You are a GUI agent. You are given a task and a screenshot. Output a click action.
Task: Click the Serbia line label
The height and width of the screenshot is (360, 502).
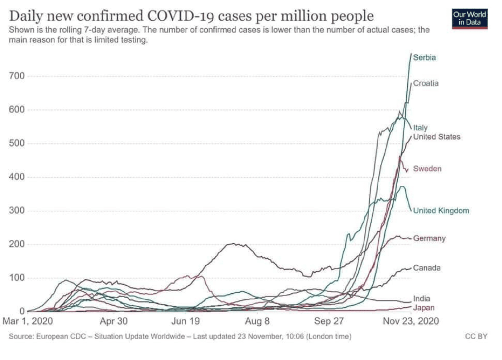point(424,58)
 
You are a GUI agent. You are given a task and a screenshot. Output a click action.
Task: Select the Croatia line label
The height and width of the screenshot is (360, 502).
point(426,83)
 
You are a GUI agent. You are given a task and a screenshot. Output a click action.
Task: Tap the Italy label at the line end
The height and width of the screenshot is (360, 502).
point(420,128)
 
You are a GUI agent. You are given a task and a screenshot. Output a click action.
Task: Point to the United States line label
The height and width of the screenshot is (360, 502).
point(436,137)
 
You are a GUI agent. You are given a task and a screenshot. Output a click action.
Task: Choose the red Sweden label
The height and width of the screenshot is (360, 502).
point(427,169)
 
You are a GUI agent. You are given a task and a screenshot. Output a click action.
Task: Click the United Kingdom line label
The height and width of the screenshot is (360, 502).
point(441,210)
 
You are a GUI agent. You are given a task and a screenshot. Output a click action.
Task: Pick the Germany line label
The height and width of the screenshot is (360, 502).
point(429,238)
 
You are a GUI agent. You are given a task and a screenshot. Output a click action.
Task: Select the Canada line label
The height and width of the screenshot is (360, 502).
point(427,268)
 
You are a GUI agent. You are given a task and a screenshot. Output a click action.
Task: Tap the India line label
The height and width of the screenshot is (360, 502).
point(421,298)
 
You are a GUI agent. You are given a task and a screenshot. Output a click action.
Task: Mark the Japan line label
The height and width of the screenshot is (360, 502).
point(423,308)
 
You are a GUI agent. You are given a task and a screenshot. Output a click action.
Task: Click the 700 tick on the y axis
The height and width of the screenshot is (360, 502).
point(17,76)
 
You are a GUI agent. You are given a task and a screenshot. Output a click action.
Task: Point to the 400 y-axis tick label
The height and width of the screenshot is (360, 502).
point(17,177)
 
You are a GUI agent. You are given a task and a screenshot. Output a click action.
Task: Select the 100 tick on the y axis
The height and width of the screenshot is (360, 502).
point(17,278)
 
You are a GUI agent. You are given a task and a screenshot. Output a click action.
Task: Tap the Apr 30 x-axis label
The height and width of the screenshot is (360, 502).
point(114,321)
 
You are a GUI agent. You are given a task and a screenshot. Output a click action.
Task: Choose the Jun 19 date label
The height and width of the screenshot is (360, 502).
point(185,321)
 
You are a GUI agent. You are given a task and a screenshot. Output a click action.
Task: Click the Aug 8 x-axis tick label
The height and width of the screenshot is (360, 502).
point(257,321)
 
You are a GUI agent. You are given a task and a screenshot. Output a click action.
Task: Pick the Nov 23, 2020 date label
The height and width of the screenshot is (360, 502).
point(411,321)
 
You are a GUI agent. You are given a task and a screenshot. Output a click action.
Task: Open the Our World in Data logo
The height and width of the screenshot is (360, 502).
point(469,18)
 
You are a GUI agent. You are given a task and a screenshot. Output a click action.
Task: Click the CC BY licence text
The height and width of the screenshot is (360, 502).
point(476,336)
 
